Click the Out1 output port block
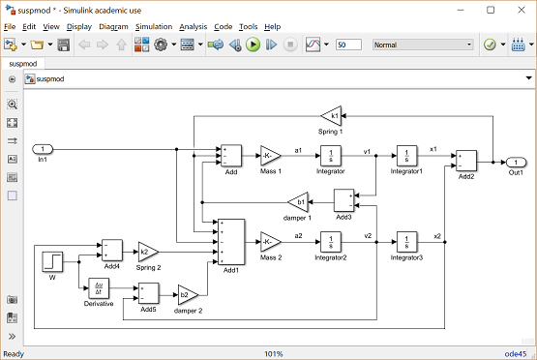(518, 162)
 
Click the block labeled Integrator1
(406, 156)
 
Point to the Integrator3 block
(406, 240)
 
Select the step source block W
(52, 260)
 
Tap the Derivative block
(99, 288)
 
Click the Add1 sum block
(231, 240)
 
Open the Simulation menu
(154, 27)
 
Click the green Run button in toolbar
(253, 45)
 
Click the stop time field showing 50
(348, 45)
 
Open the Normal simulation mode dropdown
(422, 45)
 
